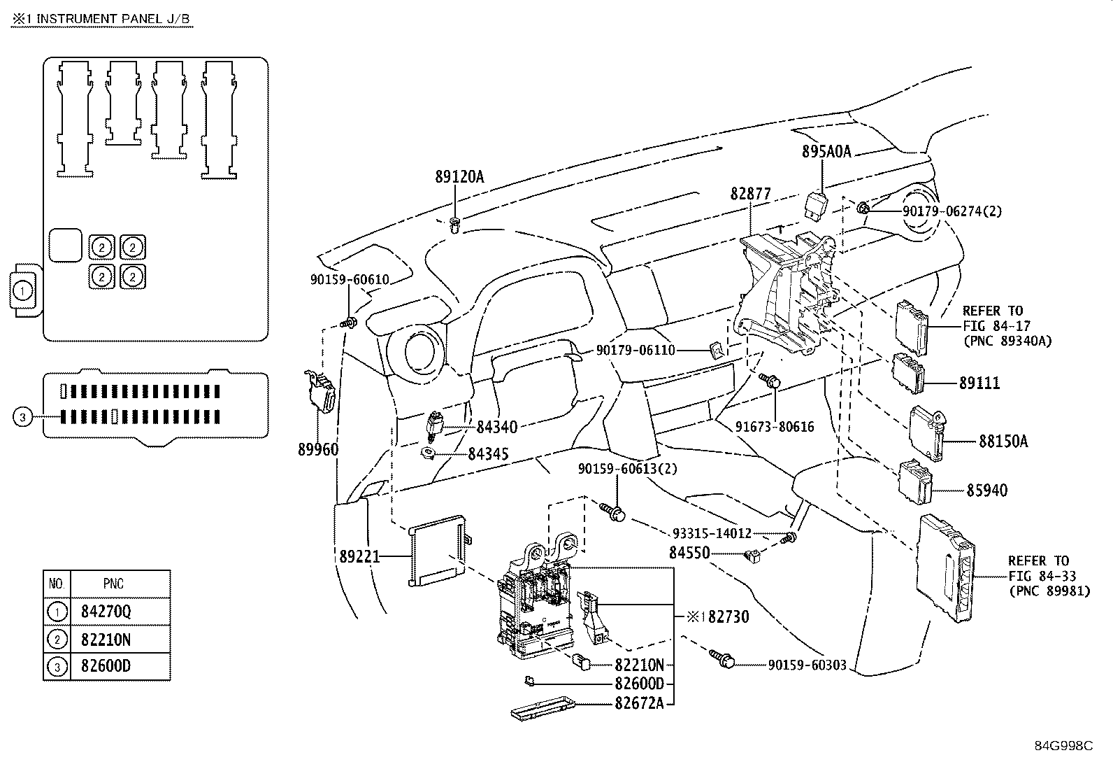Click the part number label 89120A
(x=459, y=177)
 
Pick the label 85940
(x=987, y=491)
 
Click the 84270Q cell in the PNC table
(x=107, y=612)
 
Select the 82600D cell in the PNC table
(x=107, y=665)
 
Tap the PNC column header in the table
(x=113, y=584)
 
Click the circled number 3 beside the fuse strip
(x=22, y=418)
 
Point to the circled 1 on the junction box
(x=22, y=290)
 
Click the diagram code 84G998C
(x=1063, y=745)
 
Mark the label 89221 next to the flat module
(x=359, y=556)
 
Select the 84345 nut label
(x=488, y=454)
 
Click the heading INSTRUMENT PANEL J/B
(x=111, y=19)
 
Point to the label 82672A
(x=639, y=703)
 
